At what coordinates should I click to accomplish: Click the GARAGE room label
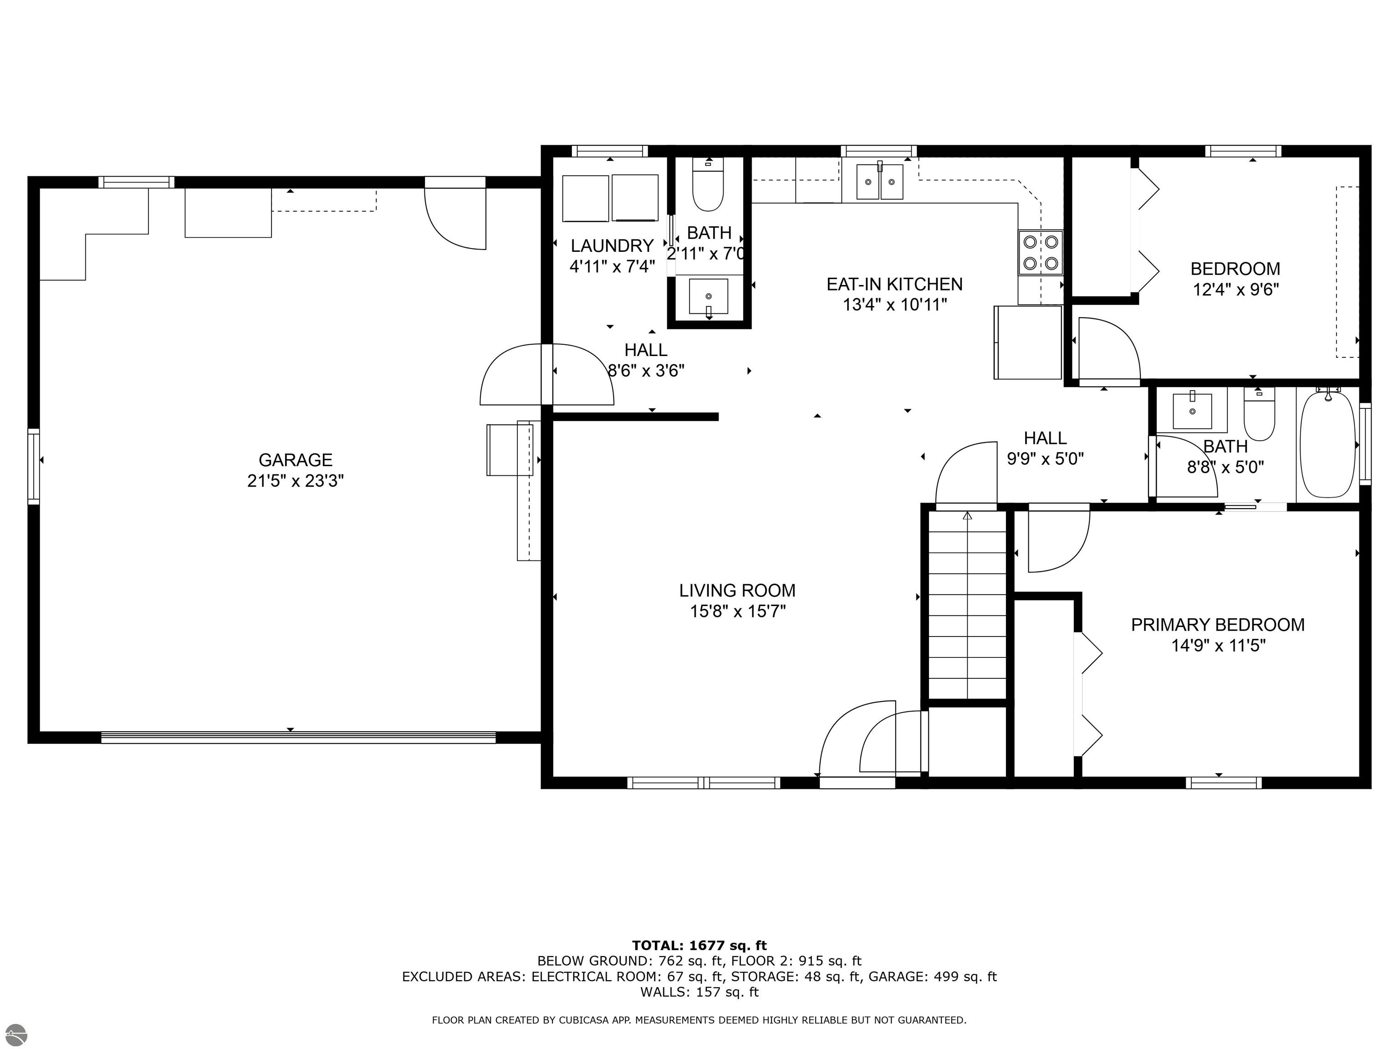(296, 460)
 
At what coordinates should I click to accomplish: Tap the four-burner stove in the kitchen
(1041, 253)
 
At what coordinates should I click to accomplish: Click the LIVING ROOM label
(737, 591)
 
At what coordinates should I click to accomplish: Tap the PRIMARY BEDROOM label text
(1217, 625)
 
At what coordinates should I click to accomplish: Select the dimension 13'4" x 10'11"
(894, 305)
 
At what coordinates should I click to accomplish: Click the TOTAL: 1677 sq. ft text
(699, 945)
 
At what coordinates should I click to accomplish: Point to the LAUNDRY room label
(612, 245)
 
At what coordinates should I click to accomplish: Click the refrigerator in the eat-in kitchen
(1028, 342)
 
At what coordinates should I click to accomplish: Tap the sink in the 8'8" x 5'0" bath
(1192, 410)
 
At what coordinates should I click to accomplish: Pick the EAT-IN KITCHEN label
(894, 284)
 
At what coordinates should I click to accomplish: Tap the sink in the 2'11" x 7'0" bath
(708, 296)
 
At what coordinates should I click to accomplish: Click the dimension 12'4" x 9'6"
(1235, 290)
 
